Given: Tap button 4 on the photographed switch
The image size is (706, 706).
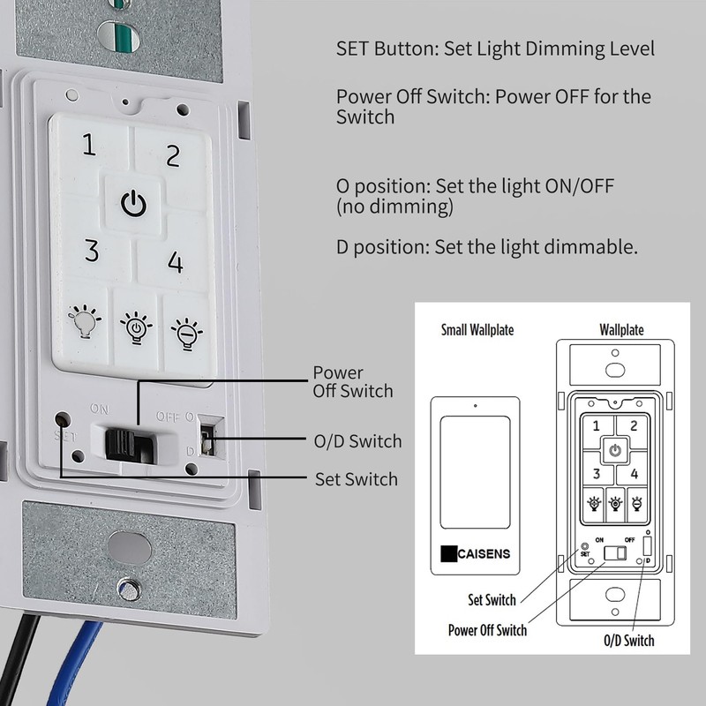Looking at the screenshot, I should [x=176, y=262].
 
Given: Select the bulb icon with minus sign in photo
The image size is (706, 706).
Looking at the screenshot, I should [x=186, y=333].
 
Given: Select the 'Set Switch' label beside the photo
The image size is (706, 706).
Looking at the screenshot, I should [x=356, y=479].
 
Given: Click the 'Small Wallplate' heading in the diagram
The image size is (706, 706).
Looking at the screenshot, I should [x=477, y=330].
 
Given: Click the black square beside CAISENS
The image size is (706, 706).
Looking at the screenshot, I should [x=449, y=555].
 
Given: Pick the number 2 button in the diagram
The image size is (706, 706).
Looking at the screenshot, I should [x=635, y=425].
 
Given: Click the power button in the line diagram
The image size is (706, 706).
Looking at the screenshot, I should [x=614, y=451].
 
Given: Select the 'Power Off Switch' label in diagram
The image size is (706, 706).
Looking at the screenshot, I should [x=487, y=629].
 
